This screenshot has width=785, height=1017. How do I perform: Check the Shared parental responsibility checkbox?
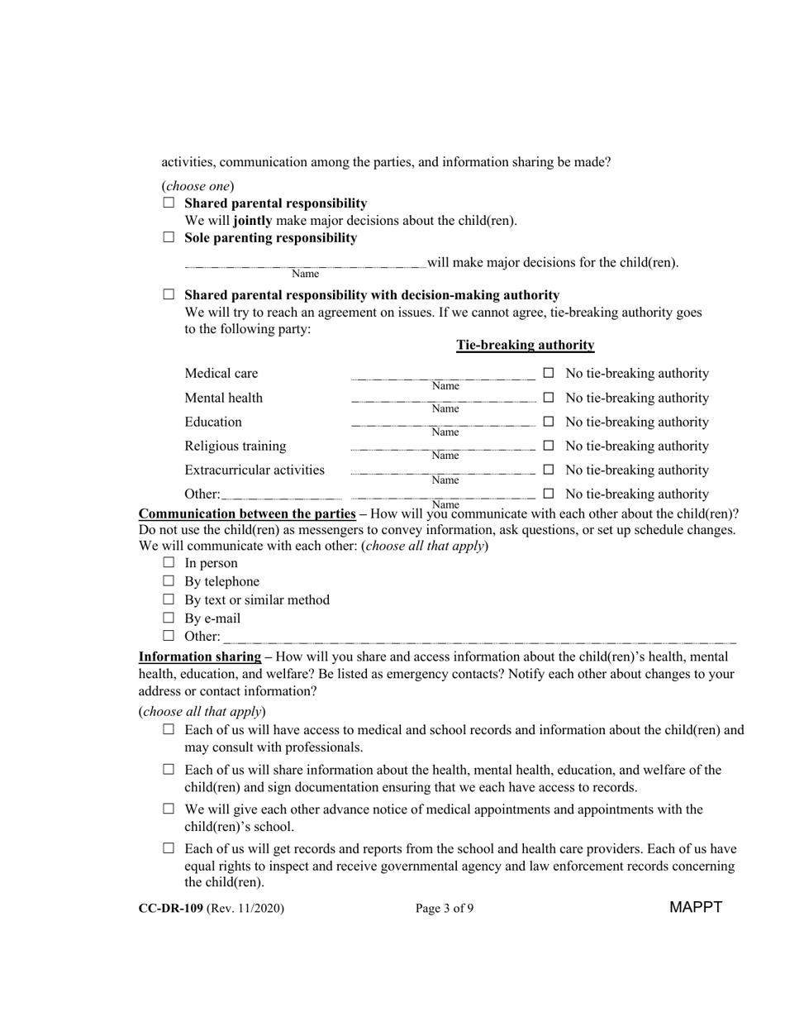coord(169,203)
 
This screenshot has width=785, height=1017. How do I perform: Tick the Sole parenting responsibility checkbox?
coord(169,237)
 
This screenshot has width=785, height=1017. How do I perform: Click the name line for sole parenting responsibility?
coord(305,265)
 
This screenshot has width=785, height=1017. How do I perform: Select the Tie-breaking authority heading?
coord(525,345)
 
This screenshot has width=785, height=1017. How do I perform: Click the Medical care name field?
coord(444,376)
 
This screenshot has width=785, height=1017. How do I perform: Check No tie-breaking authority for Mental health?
coord(549,399)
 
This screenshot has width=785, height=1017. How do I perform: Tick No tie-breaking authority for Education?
coord(549,423)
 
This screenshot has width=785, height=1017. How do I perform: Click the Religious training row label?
coord(235,446)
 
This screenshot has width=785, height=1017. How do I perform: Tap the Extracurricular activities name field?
coord(444,472)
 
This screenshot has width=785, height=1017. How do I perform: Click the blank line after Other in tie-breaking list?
coord(282,496)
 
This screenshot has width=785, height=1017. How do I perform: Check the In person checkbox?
coord(169,563)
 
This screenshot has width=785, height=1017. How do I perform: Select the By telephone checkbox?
coord(169,581)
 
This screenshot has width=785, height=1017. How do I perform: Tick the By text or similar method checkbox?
coord(169,599)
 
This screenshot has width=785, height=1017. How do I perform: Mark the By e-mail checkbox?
coord(169,618)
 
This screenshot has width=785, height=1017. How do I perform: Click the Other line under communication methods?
coord(479,639)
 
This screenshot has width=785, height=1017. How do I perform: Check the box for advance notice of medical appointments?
coord(169,809)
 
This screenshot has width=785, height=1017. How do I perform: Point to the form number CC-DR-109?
coord(171,908)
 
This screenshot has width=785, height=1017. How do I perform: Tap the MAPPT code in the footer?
coord(696,907)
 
